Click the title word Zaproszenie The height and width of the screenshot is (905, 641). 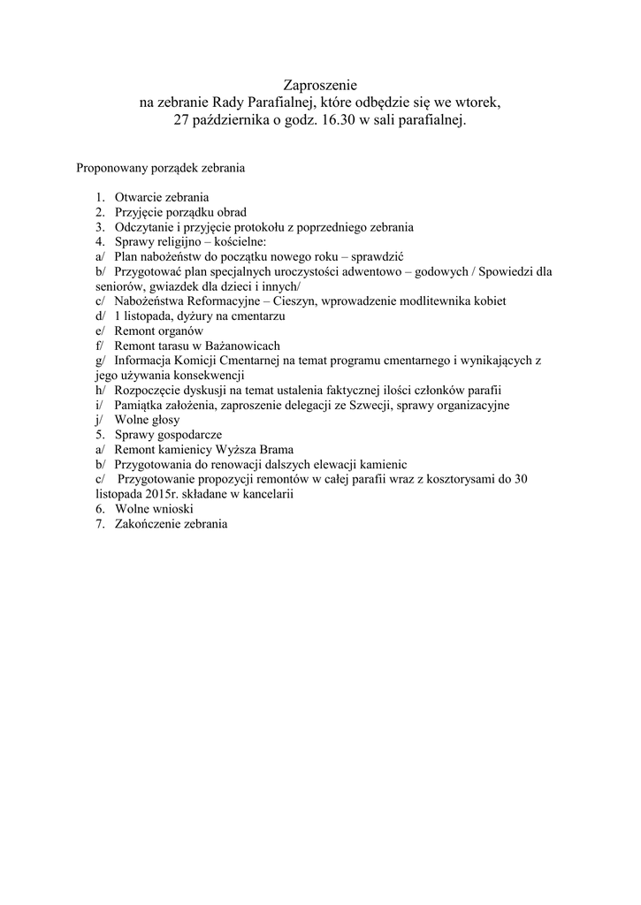click(320, 86)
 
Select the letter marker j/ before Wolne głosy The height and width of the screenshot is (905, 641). click(98, 420)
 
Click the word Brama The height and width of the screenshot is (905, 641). click(276, 450)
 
